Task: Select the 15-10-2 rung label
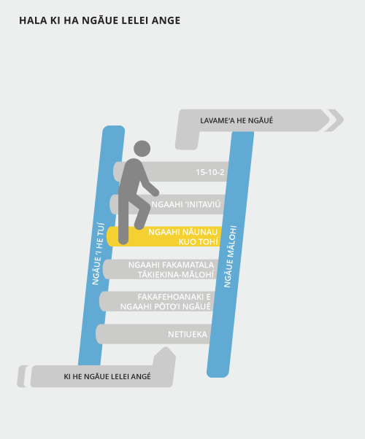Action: [210, 172]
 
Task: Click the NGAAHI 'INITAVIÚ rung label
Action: [186, 204]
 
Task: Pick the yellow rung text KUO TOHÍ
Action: [199, 242]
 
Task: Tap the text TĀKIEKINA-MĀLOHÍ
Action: [176, 275]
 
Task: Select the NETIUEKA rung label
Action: [188, 334]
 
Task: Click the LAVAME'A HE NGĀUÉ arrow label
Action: [237, 120]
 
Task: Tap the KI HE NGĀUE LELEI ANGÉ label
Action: [107, 376]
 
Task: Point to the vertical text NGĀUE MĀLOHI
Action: [230, 257]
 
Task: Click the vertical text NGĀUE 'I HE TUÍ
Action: [99, 254]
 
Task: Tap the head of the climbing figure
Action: [142, 149]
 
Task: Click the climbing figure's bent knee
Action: [146, 205]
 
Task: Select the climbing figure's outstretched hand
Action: [155, 193]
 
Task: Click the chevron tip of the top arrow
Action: [343, 120]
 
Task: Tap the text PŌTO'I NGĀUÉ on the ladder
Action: [177, 306]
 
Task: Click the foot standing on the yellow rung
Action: [123, 240]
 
